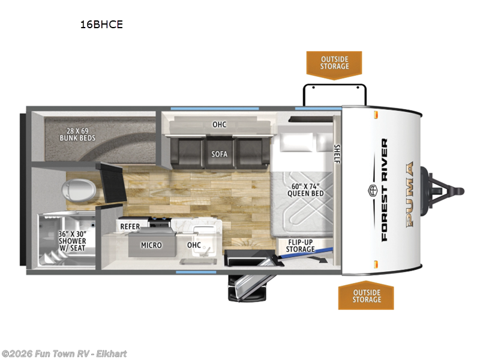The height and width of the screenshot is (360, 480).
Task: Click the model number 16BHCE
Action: click(101, 25)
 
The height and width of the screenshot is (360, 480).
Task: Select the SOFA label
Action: click(219, 154)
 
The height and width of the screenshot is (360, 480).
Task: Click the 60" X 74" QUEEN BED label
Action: click(305, 190)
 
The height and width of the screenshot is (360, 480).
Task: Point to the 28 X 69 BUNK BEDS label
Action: click(77, 134)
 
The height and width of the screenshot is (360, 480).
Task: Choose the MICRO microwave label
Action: click(151, 245)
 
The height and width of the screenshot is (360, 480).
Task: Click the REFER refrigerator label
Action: click(130, 227)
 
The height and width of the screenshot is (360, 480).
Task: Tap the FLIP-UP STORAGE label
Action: click(301, 246)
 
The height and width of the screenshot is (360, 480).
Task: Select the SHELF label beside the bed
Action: click(337, 154)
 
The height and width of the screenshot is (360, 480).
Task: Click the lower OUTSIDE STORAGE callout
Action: click(366, 295)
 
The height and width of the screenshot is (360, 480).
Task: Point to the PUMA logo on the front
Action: click(410, 194)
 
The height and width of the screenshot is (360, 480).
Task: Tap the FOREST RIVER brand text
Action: click(385, 190)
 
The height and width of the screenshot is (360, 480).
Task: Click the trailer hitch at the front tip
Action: click(443, 191)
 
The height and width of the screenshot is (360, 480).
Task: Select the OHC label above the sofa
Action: click(219, 125)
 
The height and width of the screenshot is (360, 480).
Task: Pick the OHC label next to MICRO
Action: click(194, 245)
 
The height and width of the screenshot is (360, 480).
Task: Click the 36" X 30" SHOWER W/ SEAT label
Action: click(72, 241)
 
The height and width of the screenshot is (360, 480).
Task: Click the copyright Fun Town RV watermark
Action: click(64, 354)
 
